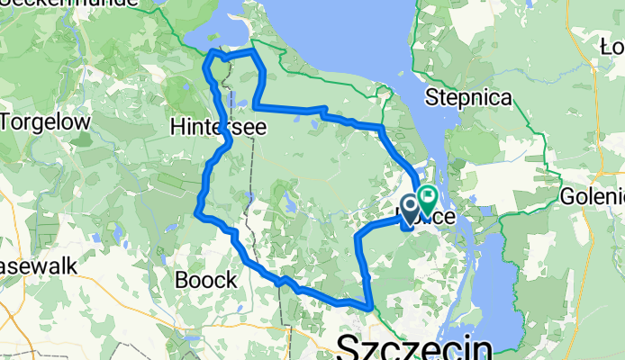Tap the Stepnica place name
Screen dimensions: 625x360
(469, 97)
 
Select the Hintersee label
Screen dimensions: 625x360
(218, 129)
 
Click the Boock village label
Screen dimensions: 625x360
(205, 280)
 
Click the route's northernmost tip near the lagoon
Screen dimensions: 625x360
(213, 54)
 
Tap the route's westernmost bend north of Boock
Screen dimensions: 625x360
(197, 212)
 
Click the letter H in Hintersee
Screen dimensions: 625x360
(177, 129)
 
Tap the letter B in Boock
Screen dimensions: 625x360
(181, 280)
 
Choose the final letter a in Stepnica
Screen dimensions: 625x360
(505, 97)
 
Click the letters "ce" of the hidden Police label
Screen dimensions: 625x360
(441, 218)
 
